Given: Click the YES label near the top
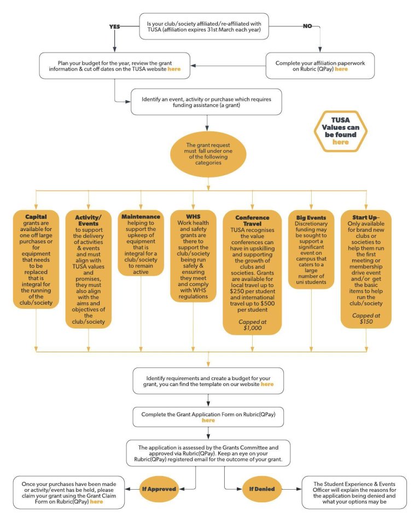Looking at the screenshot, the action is tap(115, 26).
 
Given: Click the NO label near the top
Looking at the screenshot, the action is tap(307, 26).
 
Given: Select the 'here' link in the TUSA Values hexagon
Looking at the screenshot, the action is tap(341, 142).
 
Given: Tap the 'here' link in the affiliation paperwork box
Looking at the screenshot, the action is tap(341, 69).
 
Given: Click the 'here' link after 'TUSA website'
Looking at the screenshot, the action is tap(174, 69).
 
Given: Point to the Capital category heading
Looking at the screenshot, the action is tap(36, 217).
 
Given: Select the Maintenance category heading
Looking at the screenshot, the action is tap(141, 217).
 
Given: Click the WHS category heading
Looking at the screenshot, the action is tap(193, 216).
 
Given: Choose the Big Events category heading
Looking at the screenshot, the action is tap(311, 217).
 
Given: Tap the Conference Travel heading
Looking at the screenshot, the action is tap(252, 221).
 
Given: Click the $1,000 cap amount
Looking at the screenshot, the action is tap(253, 328).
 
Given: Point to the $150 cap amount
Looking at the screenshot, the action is tap(366, 322).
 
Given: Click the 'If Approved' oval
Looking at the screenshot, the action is tap(159, 489).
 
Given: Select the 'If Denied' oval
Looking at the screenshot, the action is tap(262, 489).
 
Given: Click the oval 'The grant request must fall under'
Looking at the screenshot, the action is tap(208, 154).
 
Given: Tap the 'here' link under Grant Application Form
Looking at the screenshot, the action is tap(208, 421).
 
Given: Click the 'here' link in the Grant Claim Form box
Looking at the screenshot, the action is tap(96, 502).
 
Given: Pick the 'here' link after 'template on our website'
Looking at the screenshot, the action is tap(267, 384).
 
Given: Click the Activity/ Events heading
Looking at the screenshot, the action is tap(89, 220).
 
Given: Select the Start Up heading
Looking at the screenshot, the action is tap(365, 217).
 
